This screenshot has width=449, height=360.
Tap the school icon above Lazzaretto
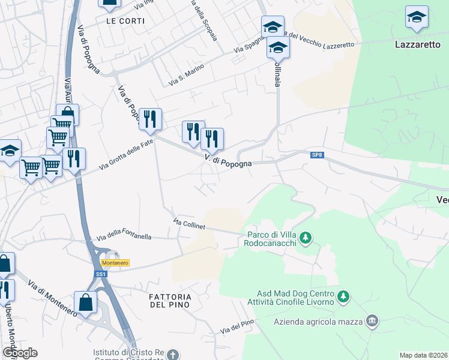point(417,17)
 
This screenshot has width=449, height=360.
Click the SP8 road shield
point(318,155)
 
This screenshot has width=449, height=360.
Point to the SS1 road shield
point(100,274)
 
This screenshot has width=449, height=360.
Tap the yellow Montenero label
point(115,263)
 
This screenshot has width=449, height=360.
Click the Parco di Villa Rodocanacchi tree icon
point(306,238)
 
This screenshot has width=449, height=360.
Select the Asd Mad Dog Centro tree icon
point(343,296)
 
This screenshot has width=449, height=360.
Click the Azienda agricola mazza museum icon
point(373,322)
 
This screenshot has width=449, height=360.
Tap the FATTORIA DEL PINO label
point(171,301)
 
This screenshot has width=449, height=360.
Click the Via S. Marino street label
point(182,77)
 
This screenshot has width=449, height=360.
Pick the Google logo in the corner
point(19,353)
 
